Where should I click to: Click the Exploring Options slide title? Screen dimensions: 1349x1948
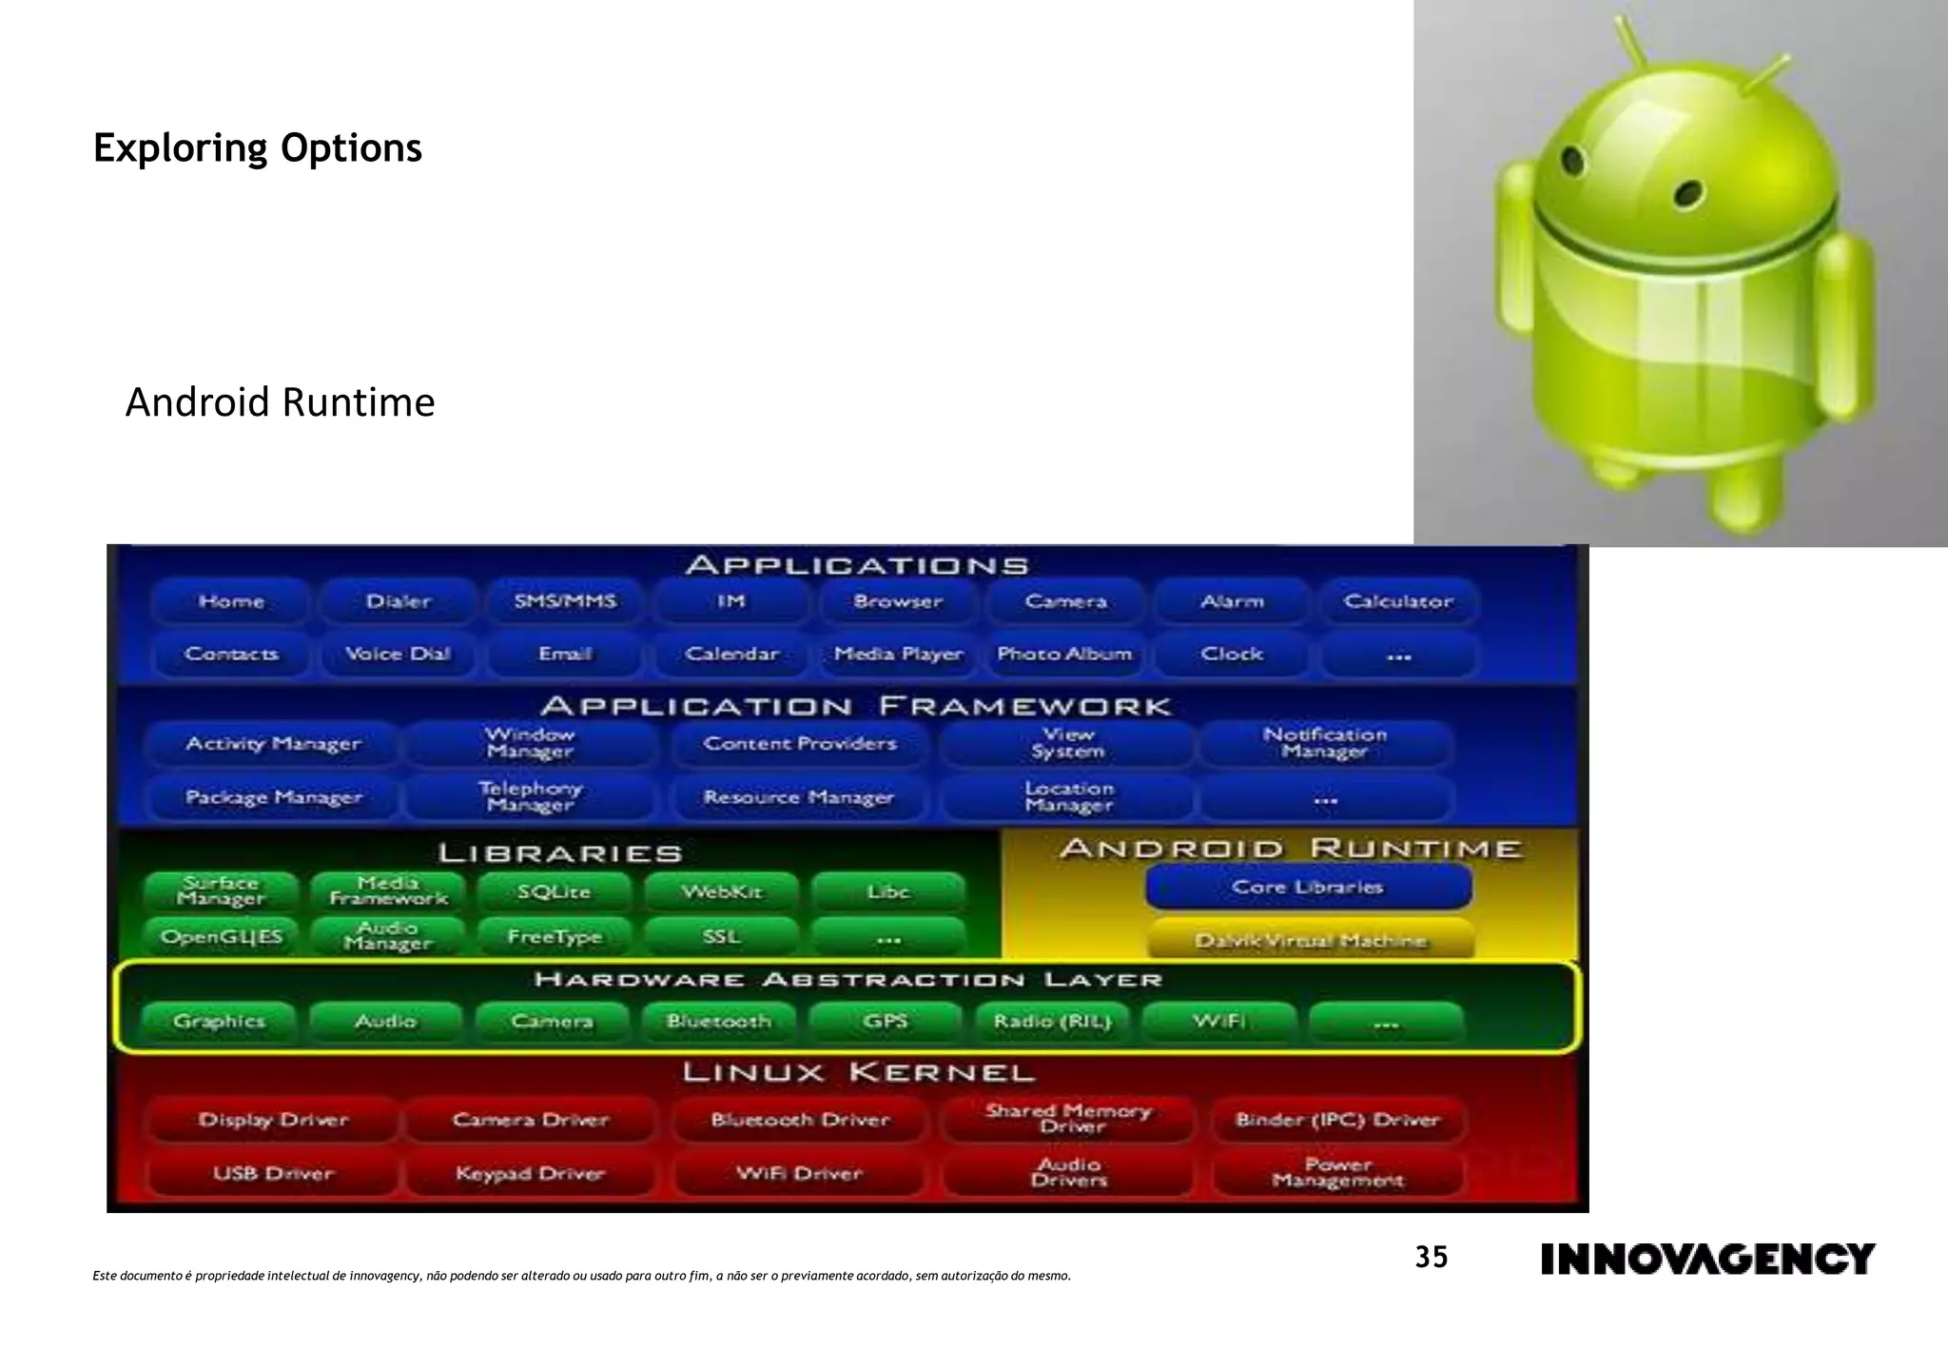258,148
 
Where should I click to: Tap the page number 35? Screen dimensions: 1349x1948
1431,1258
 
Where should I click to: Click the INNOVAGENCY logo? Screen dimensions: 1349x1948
1707,1259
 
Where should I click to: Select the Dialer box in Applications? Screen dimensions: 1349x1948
399,601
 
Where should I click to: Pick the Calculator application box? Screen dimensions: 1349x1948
1397,601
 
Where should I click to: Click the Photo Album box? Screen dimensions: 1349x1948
1064,654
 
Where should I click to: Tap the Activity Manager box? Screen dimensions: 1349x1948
273,744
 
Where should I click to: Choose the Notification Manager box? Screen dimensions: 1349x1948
1325,743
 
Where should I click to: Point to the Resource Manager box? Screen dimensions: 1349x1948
799,797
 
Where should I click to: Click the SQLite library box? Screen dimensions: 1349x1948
554,892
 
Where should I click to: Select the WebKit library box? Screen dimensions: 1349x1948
721,892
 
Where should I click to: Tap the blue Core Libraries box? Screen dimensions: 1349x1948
1308,887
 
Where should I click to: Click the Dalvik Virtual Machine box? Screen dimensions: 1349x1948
1311,940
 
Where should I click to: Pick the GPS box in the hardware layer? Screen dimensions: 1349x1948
885,1021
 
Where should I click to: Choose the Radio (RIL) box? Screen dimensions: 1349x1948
1052,1021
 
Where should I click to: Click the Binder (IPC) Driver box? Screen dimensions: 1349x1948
1337,1120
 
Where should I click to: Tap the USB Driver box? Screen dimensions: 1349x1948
273,1173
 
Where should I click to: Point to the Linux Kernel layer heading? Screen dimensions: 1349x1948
858,1073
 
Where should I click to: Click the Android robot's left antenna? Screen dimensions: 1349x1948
1628,43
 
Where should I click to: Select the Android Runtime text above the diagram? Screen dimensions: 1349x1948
280,402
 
